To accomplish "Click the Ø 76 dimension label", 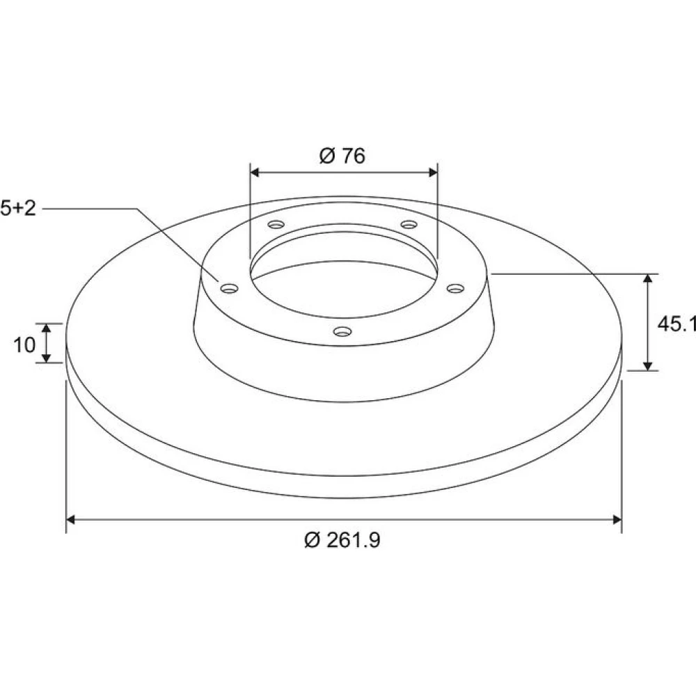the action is point(342,156).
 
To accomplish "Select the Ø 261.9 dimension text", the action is point(342,540).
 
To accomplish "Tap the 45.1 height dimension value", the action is point(677,324).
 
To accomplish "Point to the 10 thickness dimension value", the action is point(24,345).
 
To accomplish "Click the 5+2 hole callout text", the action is point(18,208).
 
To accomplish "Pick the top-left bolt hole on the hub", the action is point(276,224).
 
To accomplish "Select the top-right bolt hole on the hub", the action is point(409,224).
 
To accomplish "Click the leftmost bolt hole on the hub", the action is point(230,289).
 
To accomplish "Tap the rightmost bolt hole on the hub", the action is point(455,289).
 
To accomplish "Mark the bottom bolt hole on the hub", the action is point(342,331).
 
